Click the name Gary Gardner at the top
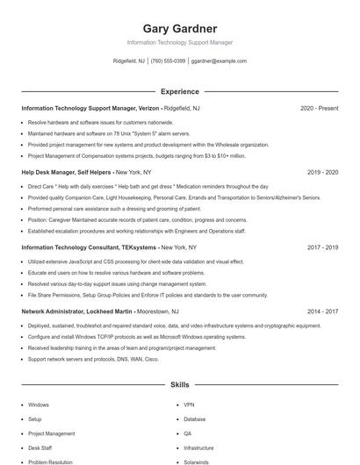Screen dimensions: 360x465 (179, 29)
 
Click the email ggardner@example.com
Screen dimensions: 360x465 (219, 61)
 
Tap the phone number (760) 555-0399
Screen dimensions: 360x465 (168, 61)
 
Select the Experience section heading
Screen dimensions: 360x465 (179, 91)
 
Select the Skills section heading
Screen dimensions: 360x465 (179, 384)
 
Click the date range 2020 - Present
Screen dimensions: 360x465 (319, 108)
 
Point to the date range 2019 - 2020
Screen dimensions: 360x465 (322, 173)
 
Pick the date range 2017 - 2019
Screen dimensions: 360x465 (322, 247)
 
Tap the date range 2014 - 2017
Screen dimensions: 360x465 (322, 311)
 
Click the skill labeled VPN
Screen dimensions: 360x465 (189, 405)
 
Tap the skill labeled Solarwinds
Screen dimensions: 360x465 (197, 461)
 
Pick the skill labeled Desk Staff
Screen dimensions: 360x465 (40, 447)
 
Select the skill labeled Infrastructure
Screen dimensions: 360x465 (199, 447)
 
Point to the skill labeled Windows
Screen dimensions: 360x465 (39, 405)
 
